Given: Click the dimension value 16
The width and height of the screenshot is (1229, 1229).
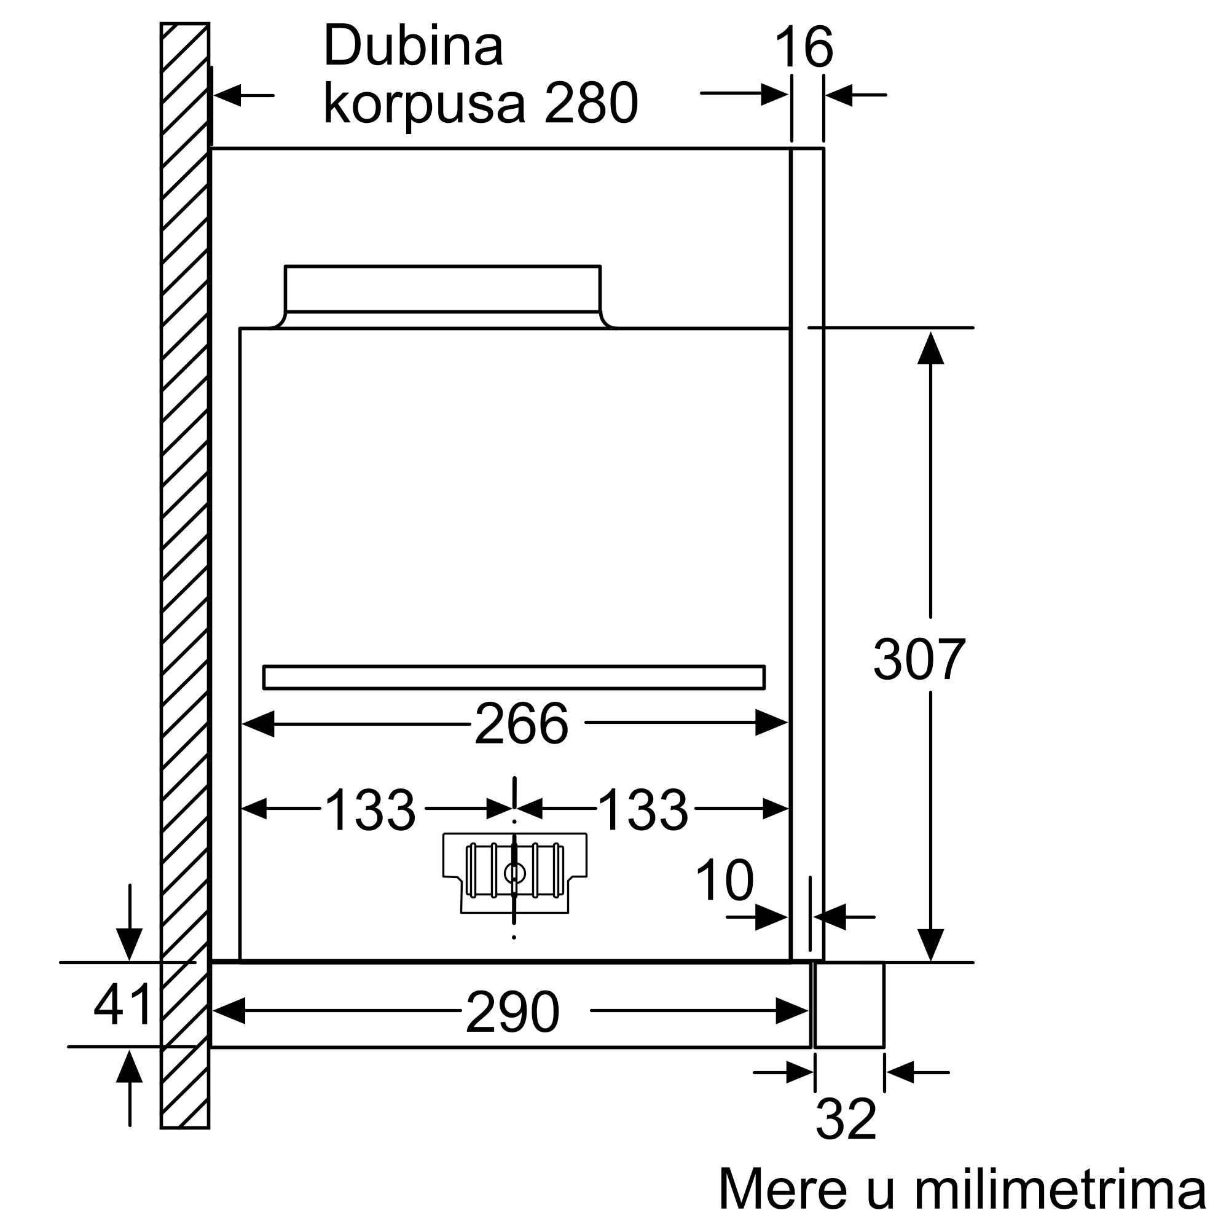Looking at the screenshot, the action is [x=804, y=47].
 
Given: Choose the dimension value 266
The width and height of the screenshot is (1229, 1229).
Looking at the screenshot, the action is [x=521, y=723].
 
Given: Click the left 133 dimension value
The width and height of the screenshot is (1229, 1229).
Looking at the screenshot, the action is [x=369, y=810].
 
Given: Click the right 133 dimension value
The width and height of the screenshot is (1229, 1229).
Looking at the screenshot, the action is [x=643, y=810].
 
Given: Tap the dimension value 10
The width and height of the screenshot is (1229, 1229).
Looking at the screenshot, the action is [x=724, y=881].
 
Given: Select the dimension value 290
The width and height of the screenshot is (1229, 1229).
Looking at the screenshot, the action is [x=512, y=1012].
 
